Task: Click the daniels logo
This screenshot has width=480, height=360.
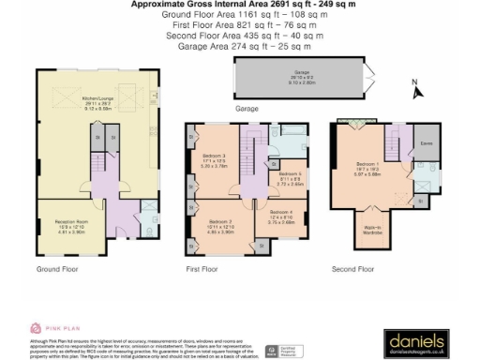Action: coord(415,339)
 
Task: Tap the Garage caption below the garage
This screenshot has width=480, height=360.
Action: coord(247,109)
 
